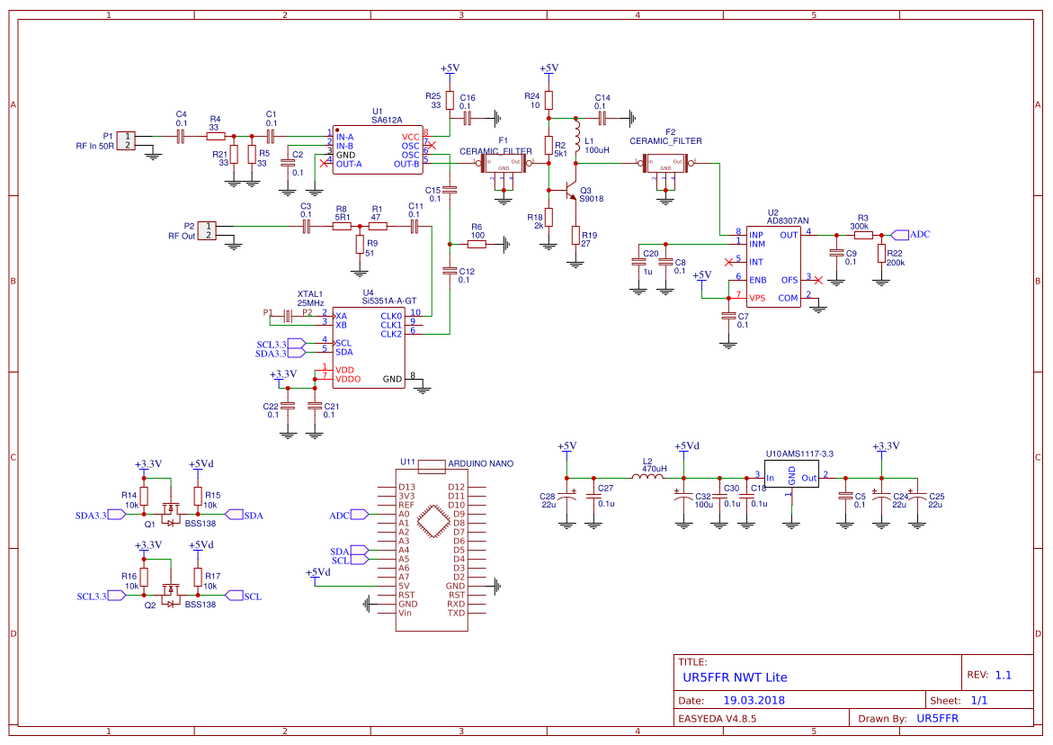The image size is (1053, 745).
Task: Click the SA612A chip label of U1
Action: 387,120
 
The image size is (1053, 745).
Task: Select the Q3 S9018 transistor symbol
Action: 566,191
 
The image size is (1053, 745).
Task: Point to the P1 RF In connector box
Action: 127,139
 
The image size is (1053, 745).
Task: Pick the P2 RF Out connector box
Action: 208,230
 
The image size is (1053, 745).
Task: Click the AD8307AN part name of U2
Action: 788,221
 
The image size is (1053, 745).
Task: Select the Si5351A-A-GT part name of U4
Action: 388,301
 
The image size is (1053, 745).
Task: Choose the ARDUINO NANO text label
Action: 480,464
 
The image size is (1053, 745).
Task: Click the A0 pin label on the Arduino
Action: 404,514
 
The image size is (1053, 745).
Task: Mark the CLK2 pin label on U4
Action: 391,334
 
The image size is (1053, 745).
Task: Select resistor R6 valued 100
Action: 477,243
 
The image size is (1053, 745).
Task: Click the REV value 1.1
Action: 1004,675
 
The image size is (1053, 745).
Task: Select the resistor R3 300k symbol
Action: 862,235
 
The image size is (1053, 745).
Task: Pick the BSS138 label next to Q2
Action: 201,605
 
